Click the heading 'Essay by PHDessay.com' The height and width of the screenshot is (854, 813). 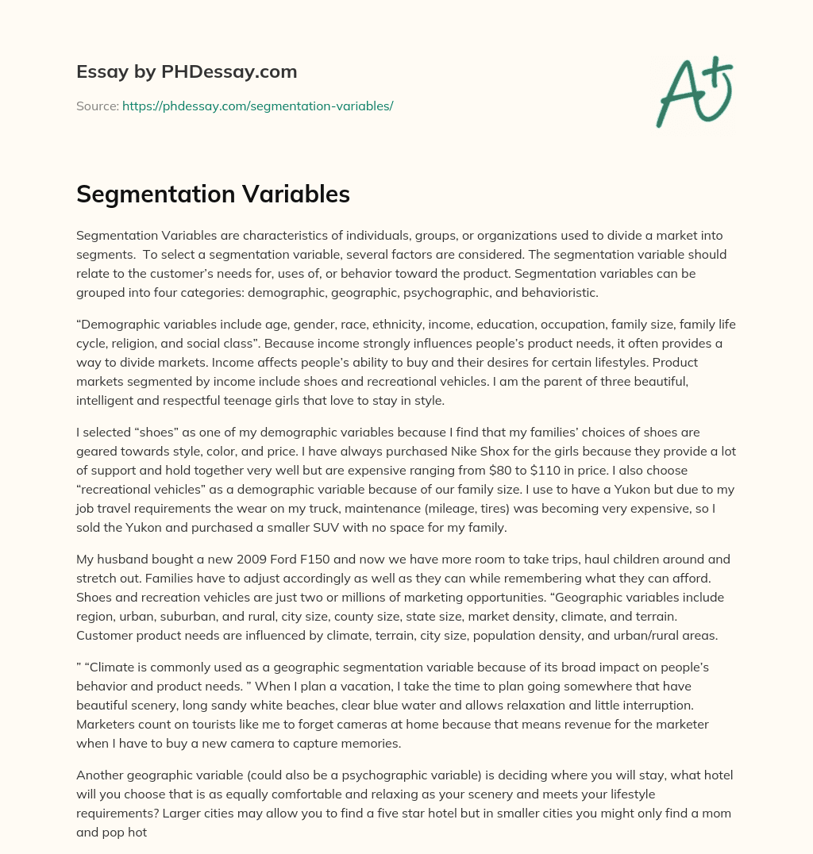coord(187,72)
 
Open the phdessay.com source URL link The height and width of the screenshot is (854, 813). coord(257,106)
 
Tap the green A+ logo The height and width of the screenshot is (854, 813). coord(693,91)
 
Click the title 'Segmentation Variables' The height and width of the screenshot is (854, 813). coord(213,194)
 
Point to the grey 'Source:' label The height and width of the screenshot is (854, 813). coord(97,106)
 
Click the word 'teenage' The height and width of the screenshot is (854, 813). coord(241,400)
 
